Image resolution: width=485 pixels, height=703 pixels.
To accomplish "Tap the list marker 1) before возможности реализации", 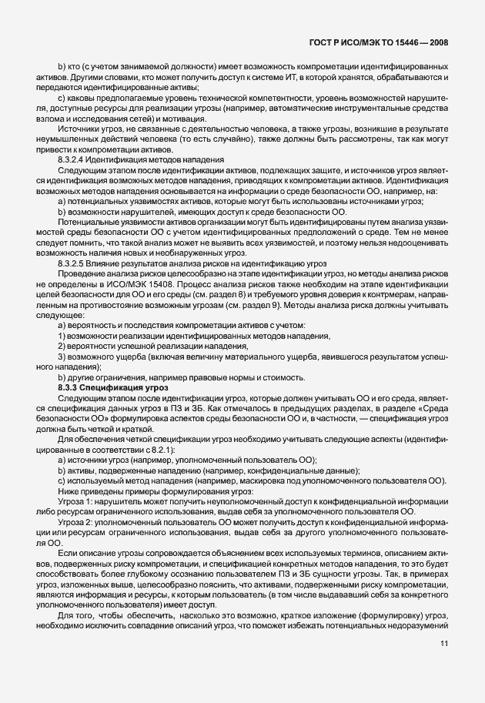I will click(62, 336).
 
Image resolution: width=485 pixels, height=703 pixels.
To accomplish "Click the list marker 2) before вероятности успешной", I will click(62, 346).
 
